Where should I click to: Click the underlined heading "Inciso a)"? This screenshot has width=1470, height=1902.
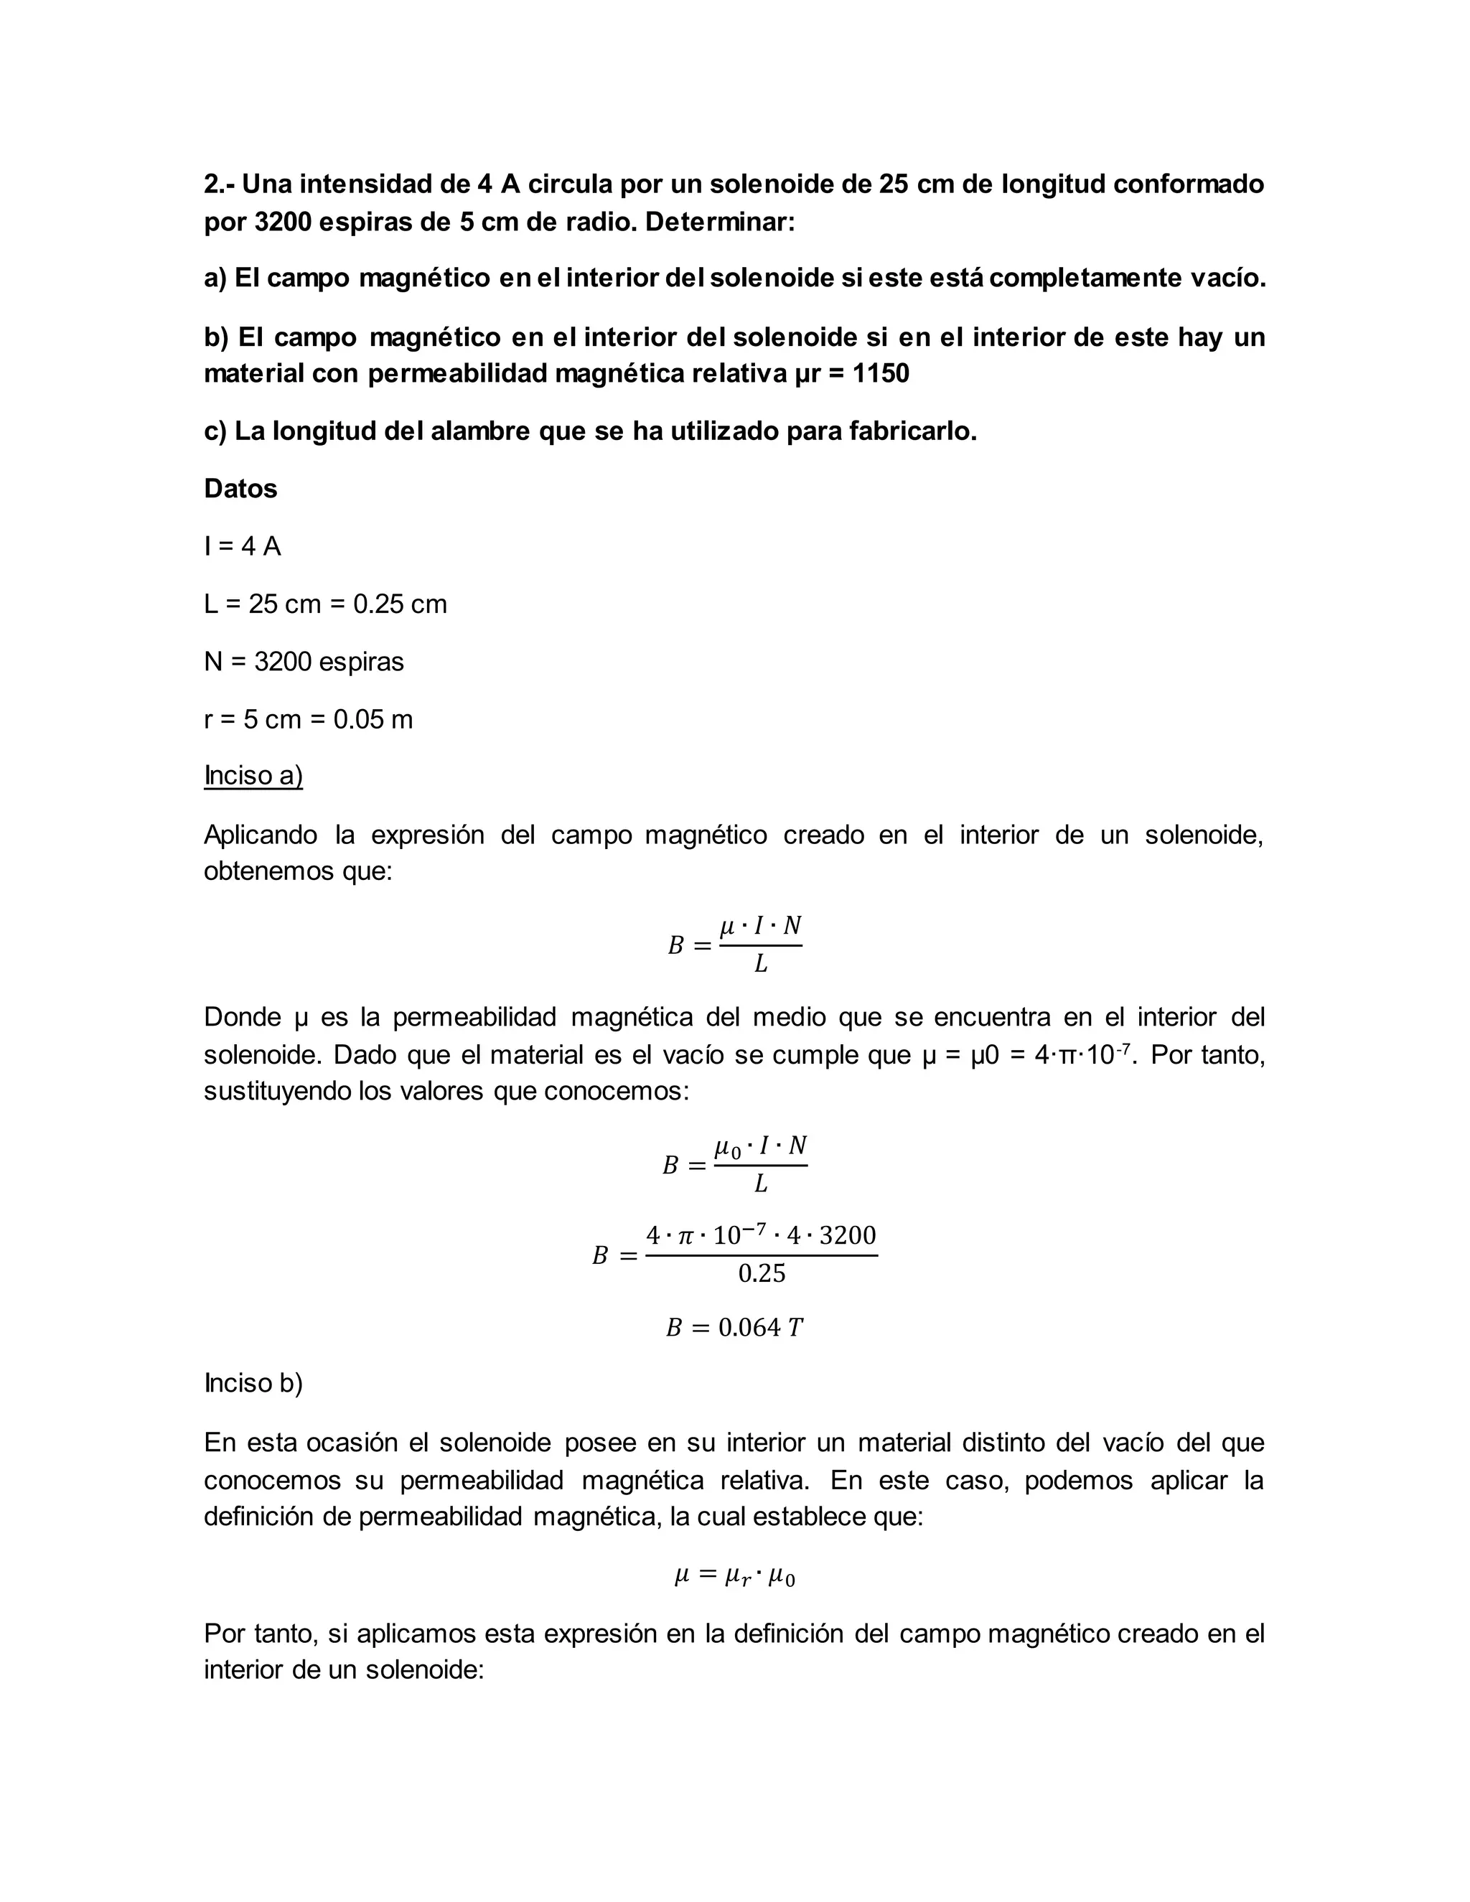253,775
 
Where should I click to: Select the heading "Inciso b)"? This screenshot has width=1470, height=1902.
253,1383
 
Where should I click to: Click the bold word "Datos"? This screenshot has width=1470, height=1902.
240,489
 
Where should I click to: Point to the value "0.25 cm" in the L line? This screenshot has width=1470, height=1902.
400,604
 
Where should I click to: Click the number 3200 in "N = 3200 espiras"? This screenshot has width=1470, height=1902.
282,662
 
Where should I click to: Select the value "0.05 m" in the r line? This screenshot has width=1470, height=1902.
373,719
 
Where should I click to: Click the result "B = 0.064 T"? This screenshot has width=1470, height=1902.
734,1327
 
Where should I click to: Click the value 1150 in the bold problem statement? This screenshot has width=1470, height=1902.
881,374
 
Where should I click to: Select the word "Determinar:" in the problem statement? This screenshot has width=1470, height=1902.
719,222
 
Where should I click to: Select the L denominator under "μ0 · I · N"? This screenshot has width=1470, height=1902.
760,1184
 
